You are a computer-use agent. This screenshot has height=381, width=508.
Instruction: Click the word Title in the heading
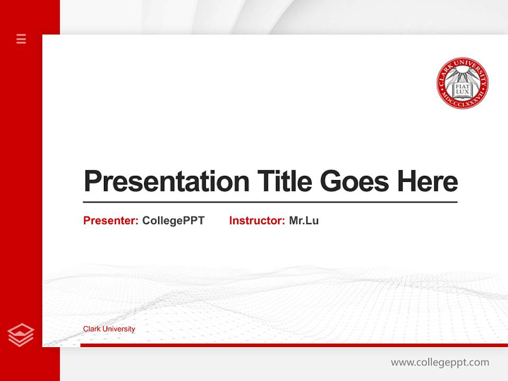[284, 182]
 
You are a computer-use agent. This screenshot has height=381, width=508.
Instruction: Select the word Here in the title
[428, 182]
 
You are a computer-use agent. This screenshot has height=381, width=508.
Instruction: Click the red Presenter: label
[111, 221]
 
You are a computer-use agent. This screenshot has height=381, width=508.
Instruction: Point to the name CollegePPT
[173, 221]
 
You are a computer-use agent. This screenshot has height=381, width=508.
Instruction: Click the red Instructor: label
[257, 221]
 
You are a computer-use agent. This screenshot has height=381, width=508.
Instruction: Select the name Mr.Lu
[304, 221]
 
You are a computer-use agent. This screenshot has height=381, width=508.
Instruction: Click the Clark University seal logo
[462, 84]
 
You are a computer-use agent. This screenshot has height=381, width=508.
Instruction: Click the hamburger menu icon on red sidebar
[21, 39]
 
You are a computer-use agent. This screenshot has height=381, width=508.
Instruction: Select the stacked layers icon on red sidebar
[21, 335]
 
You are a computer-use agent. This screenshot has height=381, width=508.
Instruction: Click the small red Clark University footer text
[109, 329]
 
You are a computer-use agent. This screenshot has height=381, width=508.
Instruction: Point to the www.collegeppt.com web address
[440, 362]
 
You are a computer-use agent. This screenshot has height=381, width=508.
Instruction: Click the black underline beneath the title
[270, 202]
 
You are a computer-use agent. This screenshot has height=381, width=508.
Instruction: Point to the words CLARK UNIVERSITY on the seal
[462, 64]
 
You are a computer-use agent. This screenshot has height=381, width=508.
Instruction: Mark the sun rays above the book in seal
[462, 75]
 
